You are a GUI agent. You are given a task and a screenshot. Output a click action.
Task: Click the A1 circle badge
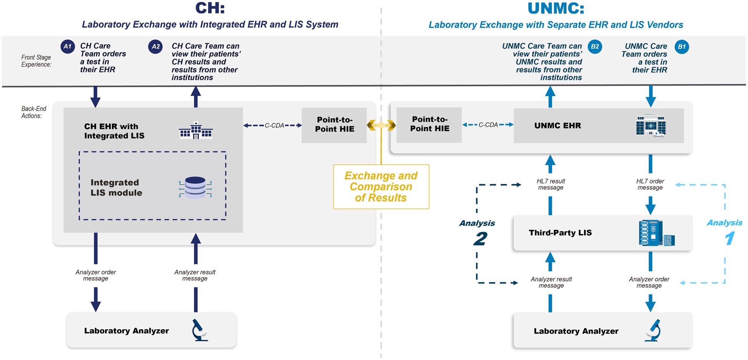coord(68,46)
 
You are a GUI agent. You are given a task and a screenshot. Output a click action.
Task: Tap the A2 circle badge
coord(155,47)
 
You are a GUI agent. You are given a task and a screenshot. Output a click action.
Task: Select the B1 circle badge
coord(682,47)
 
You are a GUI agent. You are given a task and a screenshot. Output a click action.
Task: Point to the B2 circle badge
coord(595,47)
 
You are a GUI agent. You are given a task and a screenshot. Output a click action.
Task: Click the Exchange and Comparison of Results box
coord(381,187)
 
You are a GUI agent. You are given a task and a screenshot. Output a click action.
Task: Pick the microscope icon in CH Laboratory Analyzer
coord(199,330)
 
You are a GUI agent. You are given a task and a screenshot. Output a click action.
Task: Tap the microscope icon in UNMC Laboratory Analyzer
coord(653,330)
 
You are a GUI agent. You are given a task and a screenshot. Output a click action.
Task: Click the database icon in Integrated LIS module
coord(195,187)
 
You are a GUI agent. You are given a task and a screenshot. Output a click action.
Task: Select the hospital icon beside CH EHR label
coord(196,131)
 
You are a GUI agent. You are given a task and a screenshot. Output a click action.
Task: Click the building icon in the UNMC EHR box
coord(651,126)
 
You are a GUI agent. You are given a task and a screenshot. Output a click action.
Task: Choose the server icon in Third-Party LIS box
coord(656,233)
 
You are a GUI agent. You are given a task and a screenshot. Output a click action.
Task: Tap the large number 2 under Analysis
coord(480,239)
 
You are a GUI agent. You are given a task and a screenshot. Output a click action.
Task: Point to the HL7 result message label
coord(550,184)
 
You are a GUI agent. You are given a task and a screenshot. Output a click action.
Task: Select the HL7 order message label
coord(650,184)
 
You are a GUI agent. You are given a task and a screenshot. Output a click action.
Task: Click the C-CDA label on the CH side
coord(274,126)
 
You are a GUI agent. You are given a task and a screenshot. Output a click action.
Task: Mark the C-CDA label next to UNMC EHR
coord(488,125)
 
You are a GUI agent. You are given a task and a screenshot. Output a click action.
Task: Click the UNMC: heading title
coord(556,8)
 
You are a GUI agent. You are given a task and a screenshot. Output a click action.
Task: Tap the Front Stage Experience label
coord(36,61)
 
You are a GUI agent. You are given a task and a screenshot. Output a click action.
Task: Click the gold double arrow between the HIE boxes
coord(381,125)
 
